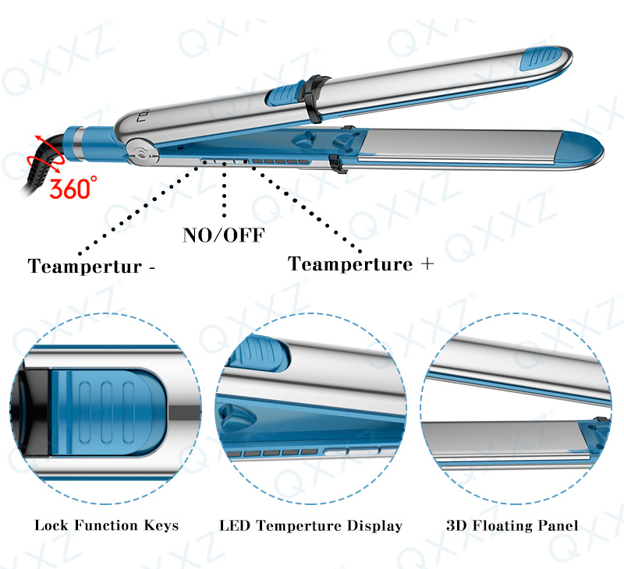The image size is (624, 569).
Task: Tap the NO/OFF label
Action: [224, 235]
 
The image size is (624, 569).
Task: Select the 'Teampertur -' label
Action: [91, 266]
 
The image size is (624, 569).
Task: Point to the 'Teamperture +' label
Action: [360, 264]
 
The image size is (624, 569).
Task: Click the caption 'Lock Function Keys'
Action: [107, 525]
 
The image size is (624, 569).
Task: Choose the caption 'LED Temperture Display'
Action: [310, 525]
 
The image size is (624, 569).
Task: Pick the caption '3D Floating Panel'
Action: [512, 525]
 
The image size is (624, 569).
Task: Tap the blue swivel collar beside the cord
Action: [91, 143]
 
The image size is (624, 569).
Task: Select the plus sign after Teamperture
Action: [427, 263]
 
